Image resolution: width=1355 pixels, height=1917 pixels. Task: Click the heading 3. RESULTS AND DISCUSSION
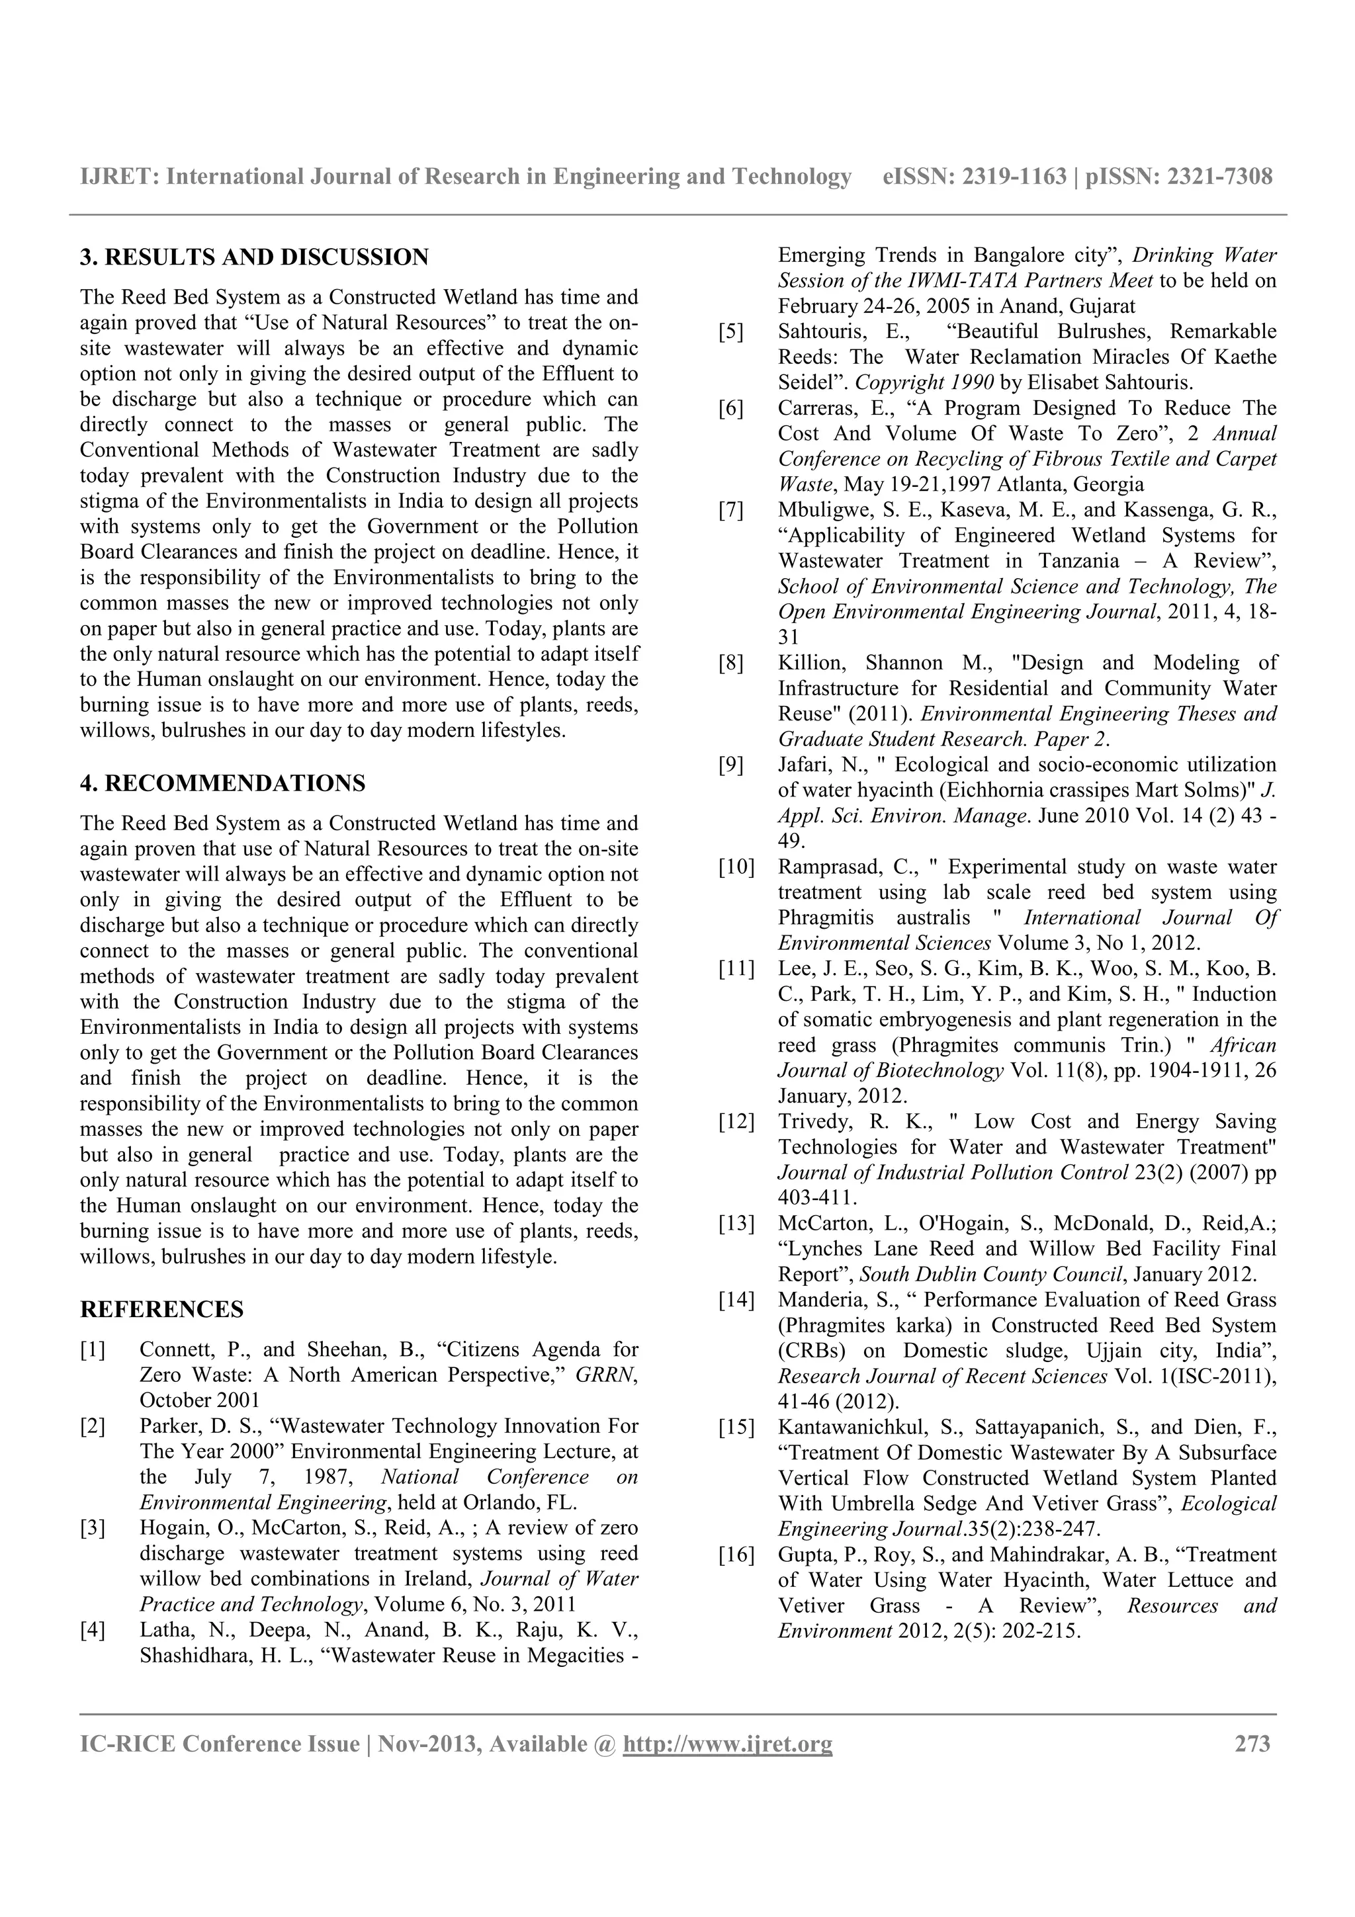(x=254, y=257)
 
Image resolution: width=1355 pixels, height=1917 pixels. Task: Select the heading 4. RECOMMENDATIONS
(x=222, y=783)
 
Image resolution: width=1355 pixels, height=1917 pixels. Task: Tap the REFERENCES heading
(x=162, y=1309)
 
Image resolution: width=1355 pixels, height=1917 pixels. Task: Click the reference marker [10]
(x=736, y=867)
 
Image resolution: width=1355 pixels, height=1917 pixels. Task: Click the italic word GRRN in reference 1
(x=605, y=1375)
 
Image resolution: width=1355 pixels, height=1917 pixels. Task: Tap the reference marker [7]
(x=730, y=510)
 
